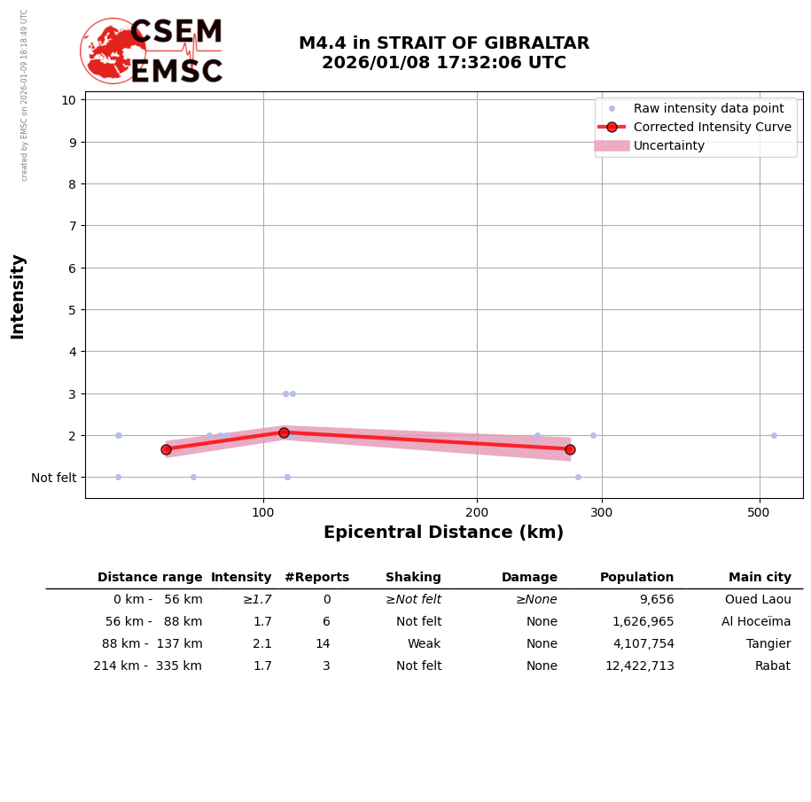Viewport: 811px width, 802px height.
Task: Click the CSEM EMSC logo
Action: (152, 51)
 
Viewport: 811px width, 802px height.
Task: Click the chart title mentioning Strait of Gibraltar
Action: (443, 53)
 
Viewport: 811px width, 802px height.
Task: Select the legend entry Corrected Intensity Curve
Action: (712, 127)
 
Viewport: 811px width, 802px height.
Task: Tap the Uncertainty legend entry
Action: (668, 145)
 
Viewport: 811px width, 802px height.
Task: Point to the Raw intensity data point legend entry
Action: (708, 108)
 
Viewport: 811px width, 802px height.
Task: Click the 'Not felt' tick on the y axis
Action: (53, 478)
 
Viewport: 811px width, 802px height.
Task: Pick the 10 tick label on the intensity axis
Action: (68, 99)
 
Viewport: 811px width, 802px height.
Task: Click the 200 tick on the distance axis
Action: (477, 512)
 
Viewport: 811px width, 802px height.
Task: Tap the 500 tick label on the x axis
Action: (759, 512)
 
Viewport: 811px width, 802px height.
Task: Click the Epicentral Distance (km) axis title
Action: (443, 533)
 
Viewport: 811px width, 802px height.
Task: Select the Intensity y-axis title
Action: (18, 296)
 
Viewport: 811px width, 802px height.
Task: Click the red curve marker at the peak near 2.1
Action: (284, 432)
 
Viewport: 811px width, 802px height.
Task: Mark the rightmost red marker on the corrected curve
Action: (570, 449)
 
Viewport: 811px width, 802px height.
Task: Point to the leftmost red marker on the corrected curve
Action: (166, 449)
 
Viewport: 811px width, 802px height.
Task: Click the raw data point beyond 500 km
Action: (774, 435)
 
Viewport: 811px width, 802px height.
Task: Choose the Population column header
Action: (636, 578)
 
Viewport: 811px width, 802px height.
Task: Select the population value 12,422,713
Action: (639, 666)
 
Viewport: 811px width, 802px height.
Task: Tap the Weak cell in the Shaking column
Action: (424, 644)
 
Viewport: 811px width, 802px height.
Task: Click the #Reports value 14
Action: (323, 644)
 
